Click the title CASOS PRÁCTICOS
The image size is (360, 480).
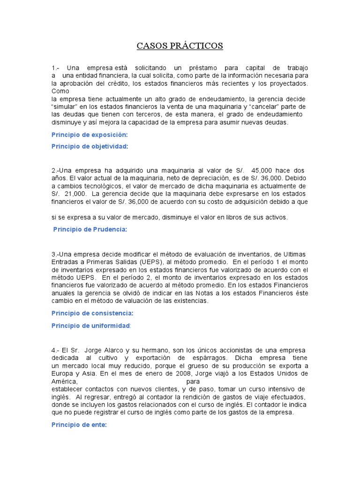click(180, 46)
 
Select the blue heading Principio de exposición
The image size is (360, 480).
click(89, 135)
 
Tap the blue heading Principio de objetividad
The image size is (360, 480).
click(90, 146)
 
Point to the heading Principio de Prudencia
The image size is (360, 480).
click(90, 229)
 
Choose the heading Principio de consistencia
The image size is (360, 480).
click(92, 313)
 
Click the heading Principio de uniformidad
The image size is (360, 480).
click(91, 325)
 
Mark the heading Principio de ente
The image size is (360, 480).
click(79, 425)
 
